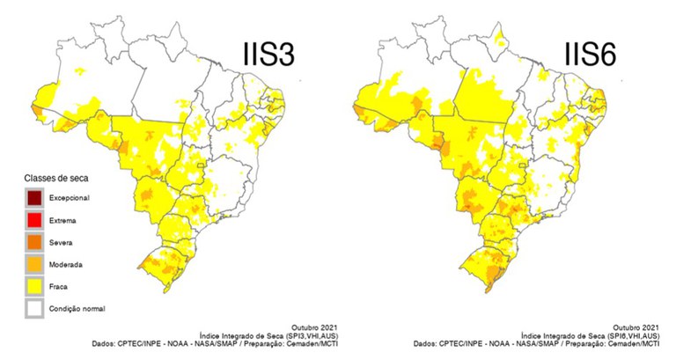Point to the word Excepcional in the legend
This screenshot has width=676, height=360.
[x=70, y=197]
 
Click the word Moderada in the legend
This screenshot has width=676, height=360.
[x=66, y=263]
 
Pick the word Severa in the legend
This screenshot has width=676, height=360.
[x=62, y=241]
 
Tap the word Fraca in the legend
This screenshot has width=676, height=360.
[x=60, y=286]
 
